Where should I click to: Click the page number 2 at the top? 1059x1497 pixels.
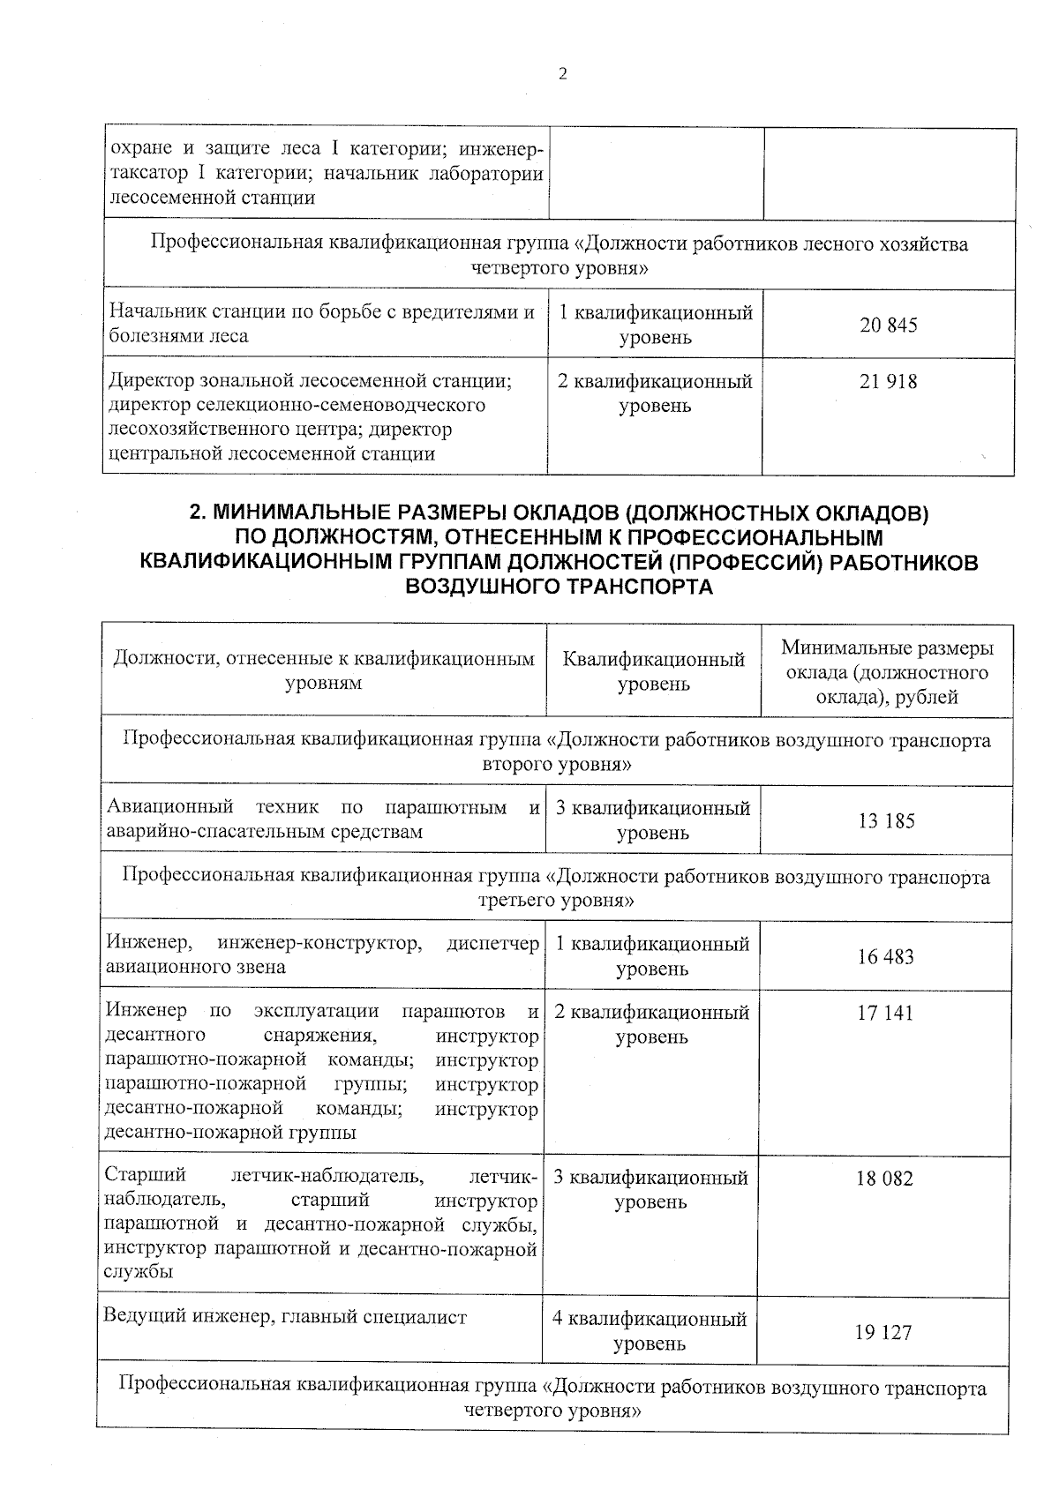click(x=562, y=74)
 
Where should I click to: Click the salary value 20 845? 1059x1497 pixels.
click(x=888, y=326)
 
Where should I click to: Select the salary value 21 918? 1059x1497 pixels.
click(x=888, y=382)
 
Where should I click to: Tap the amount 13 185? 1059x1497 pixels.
click(x=886, y=821)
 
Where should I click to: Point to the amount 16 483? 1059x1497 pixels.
click(x=885, y=957)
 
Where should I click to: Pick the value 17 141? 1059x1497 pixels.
click(x=884, y=1014)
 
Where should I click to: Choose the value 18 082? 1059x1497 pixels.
click(x=883, y=1179)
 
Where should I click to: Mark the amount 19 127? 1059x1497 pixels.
click(x=882, y=1333)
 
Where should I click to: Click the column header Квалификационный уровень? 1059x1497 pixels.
click(x=653, y=672)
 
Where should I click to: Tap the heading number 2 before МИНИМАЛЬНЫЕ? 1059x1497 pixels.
click(x=197, y=513)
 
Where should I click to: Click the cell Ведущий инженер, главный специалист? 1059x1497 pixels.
click(x=285, y=1317)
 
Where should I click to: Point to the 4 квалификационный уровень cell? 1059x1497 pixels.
click(x=650, y=1331)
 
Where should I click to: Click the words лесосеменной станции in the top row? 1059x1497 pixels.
click(x=212, y=198)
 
